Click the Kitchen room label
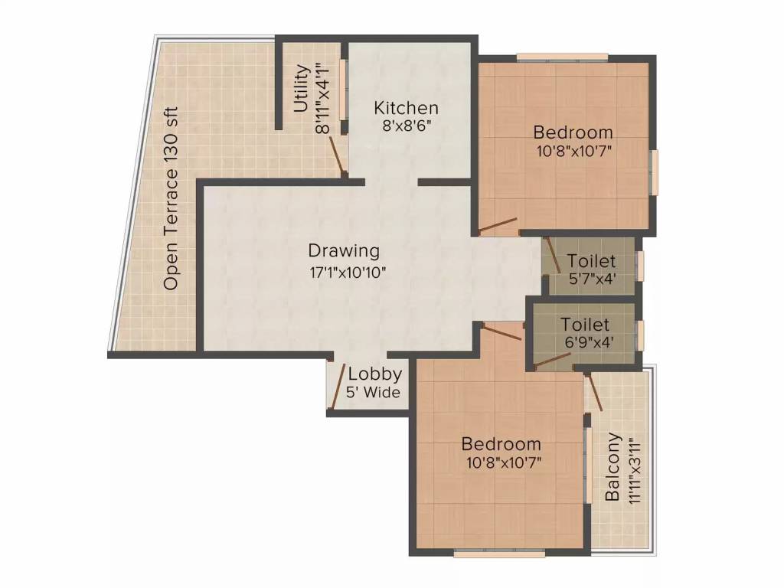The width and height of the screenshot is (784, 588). (406, 108)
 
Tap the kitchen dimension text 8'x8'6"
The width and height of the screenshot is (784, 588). (406, 126)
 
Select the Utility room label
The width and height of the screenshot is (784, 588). (302, 88)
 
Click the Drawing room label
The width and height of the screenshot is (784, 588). (344, 250)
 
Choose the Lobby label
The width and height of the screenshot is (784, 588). (374, 374)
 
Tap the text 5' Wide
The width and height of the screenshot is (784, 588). (374, 393)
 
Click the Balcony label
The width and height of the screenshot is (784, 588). (613, 467)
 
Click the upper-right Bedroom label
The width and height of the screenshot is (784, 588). (573, 132)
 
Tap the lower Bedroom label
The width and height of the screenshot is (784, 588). (501, 444)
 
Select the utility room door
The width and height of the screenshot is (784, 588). (335, 156)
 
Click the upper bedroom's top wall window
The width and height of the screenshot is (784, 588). (562, 57)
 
